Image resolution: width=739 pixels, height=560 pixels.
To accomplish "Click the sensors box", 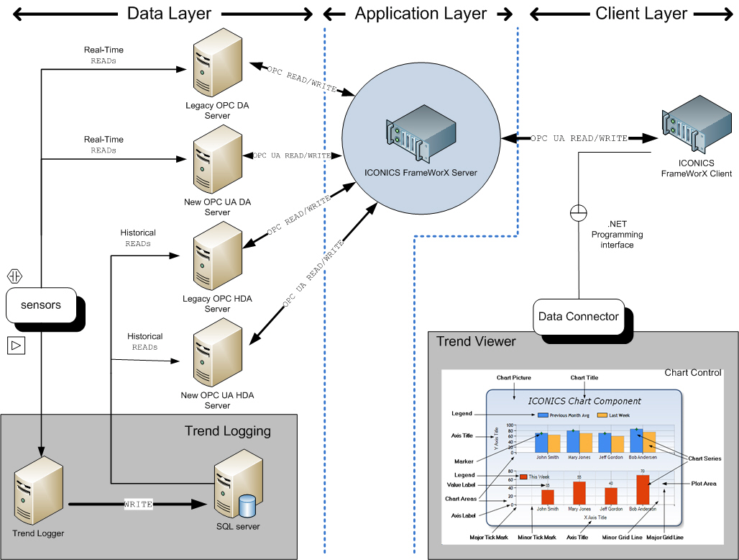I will (41, 305).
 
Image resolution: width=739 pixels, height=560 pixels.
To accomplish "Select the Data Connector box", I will (578, 317).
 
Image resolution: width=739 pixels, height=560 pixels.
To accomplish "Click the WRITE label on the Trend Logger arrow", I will (138, 505).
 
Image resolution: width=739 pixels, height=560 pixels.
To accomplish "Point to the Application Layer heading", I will (421, 13).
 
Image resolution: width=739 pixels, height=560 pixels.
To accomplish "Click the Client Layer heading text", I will (641, 13).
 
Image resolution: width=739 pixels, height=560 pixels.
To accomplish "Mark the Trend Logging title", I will (227, 431).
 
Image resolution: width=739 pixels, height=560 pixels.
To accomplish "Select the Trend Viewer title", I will (476, 341).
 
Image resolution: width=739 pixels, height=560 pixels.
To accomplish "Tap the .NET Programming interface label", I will (617, 235).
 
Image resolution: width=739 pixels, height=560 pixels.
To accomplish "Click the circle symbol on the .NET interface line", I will (578, 213).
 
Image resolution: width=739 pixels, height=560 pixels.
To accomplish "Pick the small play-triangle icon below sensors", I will (16, 346).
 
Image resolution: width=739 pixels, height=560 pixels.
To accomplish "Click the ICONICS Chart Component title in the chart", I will (584, 401).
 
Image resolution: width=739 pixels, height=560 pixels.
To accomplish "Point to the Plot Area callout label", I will (704, 484).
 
